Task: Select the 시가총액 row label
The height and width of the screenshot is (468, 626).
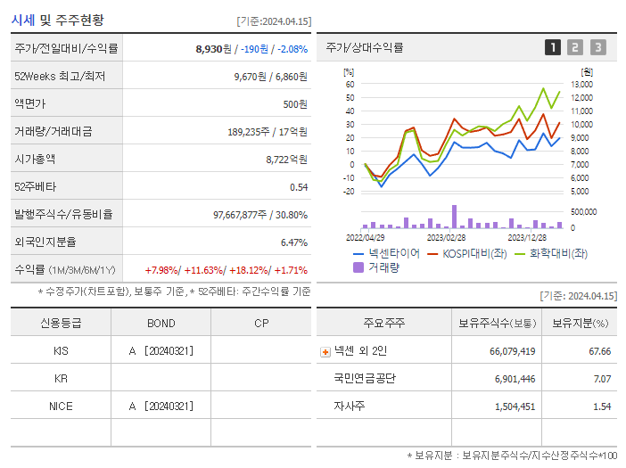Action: click(x=35, y=160)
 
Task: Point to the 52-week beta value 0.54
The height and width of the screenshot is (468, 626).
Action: click(x=299, y=187)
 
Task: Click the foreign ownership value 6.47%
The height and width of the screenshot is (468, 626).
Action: click(x=293, y=242)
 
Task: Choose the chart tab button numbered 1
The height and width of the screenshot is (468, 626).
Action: click(x=553, y=47)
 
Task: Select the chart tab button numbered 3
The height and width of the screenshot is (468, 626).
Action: click(x=597, y=47)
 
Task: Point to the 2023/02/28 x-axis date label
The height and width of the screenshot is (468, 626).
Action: click(x=446, y=238)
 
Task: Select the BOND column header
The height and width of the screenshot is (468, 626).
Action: click(x=161, y=323)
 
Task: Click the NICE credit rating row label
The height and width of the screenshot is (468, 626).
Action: click(x=61, y=406)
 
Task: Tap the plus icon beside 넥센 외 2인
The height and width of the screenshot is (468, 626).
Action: click(x=325, y=352)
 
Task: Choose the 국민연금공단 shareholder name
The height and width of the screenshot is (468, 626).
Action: click(x=365, y=379)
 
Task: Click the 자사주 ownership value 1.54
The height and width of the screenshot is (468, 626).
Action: click(x=602, y=406)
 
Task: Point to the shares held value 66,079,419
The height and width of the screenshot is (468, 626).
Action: click(x=512, y=352)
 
